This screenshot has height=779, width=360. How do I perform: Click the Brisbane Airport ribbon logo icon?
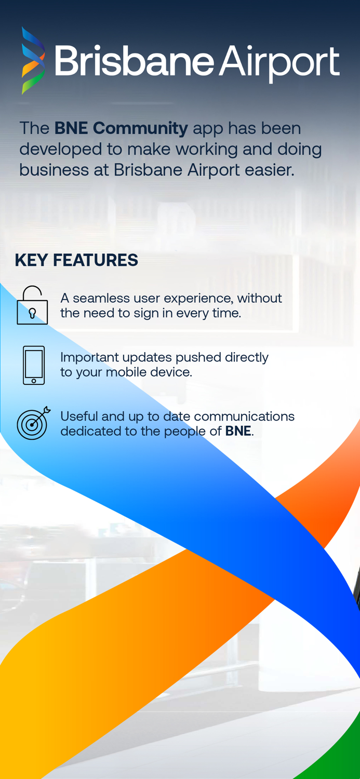pyautogui.click(x=33, y=61)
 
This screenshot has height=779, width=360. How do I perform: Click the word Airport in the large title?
pyautogui.click(x=279, y=62)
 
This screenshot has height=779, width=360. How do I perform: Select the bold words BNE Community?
pyautogui.click(x=121, y=128)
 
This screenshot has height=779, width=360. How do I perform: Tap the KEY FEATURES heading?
pyautogui.click(x=76, y=260)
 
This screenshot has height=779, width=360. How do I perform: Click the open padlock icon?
pyautogui.click(x=32, y=306)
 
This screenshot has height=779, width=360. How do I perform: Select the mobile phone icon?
pyautogui.click(x=34, y=365)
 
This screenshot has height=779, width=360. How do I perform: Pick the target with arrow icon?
pyautogui.click(x=33, y=423)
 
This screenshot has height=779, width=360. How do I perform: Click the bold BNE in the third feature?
pyautogui.click(x=238, y=431)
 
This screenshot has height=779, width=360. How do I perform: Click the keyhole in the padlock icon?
pyautogui.click(x=32, y=313)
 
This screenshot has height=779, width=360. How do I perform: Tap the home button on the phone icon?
pyautogui.click(x=34, y=381)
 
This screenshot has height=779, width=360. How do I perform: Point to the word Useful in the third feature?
pyautogui.click(x=76, y=417)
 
